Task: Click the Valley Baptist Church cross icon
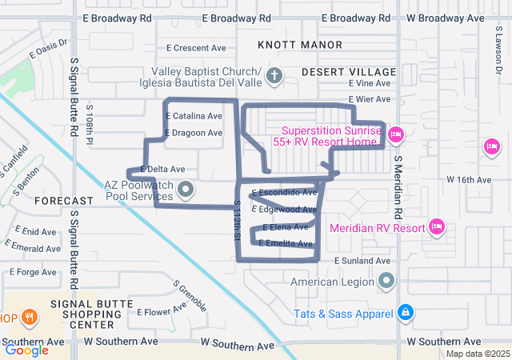[x=274, y=77]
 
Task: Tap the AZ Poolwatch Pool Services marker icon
[x=186, y=190]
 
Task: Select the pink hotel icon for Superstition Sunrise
[x=396, y=134]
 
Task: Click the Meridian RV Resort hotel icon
[x=436, y=227]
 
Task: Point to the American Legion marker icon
[x=386, y=281]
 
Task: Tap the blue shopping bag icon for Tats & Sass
[x=406, y=311]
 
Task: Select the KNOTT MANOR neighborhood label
[x=300, y=45]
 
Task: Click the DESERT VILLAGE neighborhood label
[x=349, y=72]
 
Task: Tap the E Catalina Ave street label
[x=194, y=116]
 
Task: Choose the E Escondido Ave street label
[x=285, y=193]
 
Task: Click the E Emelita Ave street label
[x=285, y=243]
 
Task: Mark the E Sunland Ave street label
[x=362, y=261]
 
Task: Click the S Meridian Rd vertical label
[x=396, y=188]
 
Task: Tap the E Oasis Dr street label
[x=50, y=51]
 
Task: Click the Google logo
[x=27, y=350]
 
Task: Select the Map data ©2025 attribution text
[x=477, y=354]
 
